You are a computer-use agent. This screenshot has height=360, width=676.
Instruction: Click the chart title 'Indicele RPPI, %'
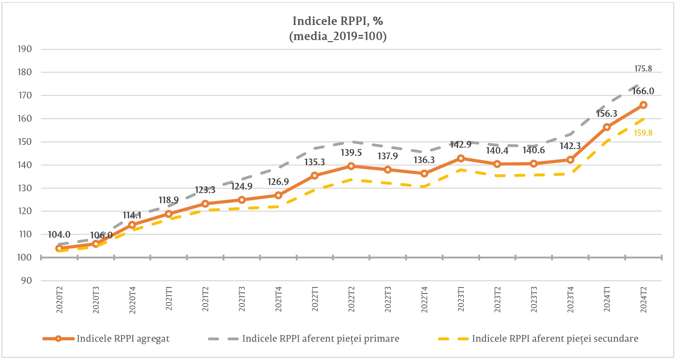coord(338,21)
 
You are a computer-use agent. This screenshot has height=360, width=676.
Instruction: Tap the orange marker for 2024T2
coord(643,105)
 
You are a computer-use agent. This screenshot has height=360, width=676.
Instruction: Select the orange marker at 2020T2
coord(59,248)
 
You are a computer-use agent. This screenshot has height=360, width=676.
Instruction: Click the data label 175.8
coord(643,69)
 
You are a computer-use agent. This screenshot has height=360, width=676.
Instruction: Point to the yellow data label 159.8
coord(643,133)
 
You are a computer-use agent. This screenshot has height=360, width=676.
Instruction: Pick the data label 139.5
coord(351,153)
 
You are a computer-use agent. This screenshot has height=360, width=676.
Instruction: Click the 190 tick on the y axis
coord(25,49)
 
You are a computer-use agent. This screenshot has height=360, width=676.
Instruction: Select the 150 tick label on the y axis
coord(25,142)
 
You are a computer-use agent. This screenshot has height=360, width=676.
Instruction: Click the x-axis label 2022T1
coord(315,299)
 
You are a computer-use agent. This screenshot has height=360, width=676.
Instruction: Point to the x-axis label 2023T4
coord(570,300)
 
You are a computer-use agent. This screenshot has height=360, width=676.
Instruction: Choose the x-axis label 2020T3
coord(96,300)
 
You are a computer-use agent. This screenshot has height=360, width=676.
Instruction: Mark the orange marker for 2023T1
coord(461,158)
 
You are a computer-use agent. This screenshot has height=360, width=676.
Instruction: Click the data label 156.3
coord(606,114)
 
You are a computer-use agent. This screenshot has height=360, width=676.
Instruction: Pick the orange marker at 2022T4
coord(424,173)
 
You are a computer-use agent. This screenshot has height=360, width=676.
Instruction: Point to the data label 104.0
coord(59,234)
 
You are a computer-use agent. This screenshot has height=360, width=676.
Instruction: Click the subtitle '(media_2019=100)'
coord(338,36)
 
